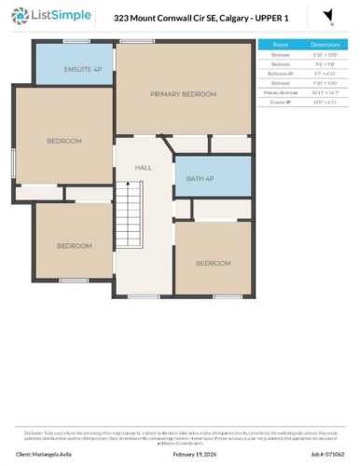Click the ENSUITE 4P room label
76,70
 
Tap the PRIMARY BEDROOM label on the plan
184,94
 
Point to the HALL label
143,168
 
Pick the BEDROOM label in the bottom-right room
213,264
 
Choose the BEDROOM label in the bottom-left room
74,246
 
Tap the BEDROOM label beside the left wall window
64,141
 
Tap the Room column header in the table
280,44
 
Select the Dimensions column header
326,44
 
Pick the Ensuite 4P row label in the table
280,102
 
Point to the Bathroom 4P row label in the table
280,73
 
